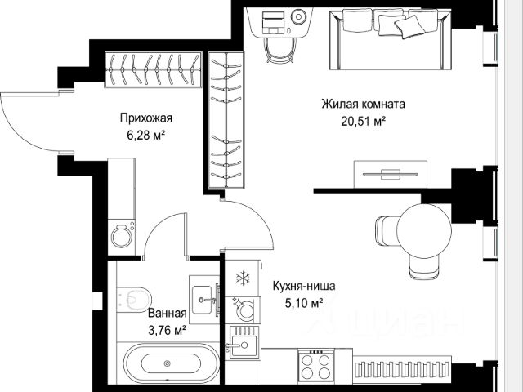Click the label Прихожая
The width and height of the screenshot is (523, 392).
(x=146, y=118)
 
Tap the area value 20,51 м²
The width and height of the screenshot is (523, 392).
(x=363, y=121)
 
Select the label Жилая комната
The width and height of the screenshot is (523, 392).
(x=363, y=104)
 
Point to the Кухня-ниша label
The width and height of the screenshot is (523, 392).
(x=304, y=286)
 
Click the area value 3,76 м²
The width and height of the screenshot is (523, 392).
(x=167, y=330)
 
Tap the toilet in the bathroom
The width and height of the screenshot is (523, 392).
(x=135, y=299)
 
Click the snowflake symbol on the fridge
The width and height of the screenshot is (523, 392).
(x=243, y=278)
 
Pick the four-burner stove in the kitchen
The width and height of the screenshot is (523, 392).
(x=315, y=366)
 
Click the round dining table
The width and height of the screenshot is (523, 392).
(x=424, y=231)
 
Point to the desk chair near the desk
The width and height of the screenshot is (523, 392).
(x=280, y=50)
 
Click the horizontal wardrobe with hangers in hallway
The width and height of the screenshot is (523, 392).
(x=153, y=69)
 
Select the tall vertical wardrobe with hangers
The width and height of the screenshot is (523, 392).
(x=226, y=120)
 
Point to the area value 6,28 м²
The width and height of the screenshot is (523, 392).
(x=146, y=136)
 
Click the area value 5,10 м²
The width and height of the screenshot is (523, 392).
(x=304, y=303)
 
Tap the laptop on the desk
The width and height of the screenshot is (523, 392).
(x=273, y=23)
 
